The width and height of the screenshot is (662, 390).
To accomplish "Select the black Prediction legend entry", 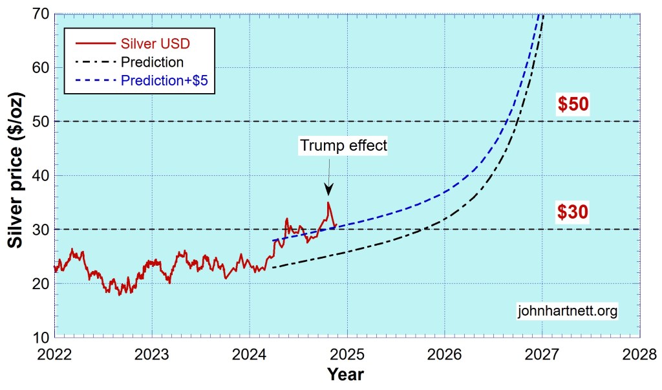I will (x=152, y=63).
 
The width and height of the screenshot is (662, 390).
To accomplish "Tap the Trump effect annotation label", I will (x=343, y=146).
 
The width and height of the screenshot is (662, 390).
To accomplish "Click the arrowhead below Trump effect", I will (x=328, y=189).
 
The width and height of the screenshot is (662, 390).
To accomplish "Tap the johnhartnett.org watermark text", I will (x=568, y=310).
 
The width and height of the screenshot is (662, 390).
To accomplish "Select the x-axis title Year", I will (x=345, y=374).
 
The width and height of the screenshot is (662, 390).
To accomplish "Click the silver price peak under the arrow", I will (x=328, y=202).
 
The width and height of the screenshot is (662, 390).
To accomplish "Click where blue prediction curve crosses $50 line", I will (x=505, y=122).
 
